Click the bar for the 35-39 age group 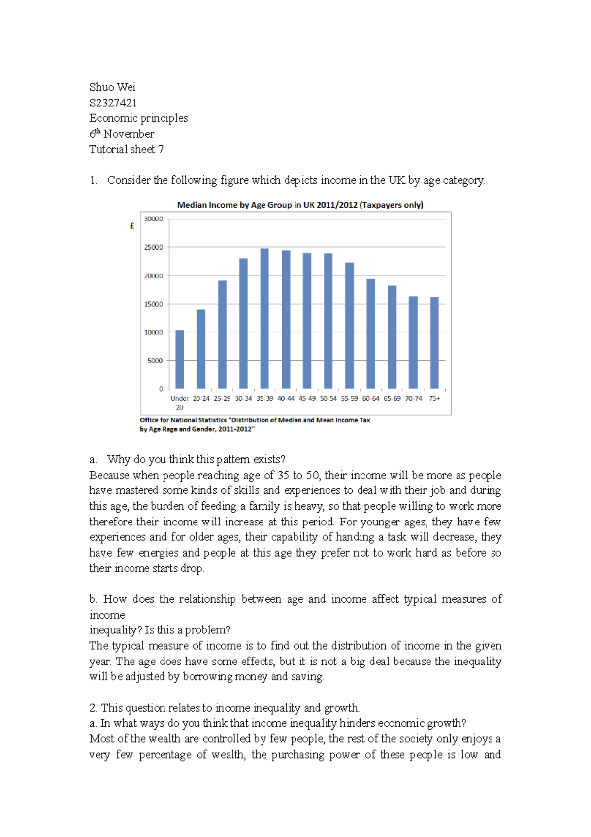pos(264,319)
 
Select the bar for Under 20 pos(180,359)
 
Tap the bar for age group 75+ pos(434,343)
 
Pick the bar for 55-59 pos(350,326)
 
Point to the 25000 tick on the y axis pos(153,247)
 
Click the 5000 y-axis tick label pos(155,361)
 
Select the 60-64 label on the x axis pos(371,398)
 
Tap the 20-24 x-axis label pos(201,398)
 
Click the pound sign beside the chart pos(132,226)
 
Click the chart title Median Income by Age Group pos(300,205)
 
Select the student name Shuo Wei pos(112,87)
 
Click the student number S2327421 pos(113,103)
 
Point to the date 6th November pos(122,134)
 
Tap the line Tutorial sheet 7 pos(126,149)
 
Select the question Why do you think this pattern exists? pos(196,459)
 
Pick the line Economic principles pos(138,118)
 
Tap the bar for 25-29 pos(222,335)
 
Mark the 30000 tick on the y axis pos(153,219)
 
